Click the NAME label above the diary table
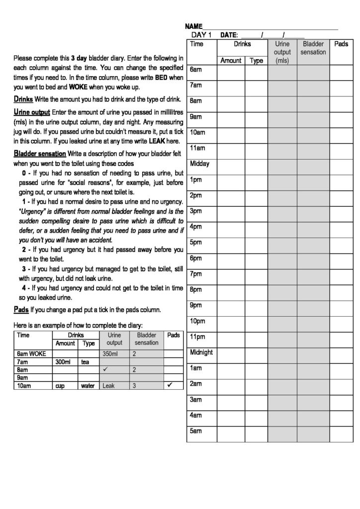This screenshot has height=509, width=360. tap(194, 25)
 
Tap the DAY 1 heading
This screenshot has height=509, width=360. tap(201, 35)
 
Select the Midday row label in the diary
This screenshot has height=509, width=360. tap(200, 164)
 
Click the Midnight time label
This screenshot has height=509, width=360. tap(201, 352)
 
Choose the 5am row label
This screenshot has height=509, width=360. tap(195, 431)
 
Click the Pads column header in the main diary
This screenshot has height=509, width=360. tap(341, 44)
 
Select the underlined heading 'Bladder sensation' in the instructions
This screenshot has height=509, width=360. tap(40, 153)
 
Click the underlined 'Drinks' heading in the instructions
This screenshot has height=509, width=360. tap(23, 98)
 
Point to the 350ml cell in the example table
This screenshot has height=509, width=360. tap(109, 354)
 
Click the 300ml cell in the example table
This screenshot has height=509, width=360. tap(65, 362)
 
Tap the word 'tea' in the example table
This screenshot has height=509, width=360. tap(85, 362)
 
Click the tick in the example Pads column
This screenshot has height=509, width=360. tap(171, 385)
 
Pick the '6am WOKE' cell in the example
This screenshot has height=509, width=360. tap(31, 354)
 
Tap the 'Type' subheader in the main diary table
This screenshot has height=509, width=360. tap(256, 61)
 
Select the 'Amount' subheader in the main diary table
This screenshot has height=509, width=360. tap(231, 61)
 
